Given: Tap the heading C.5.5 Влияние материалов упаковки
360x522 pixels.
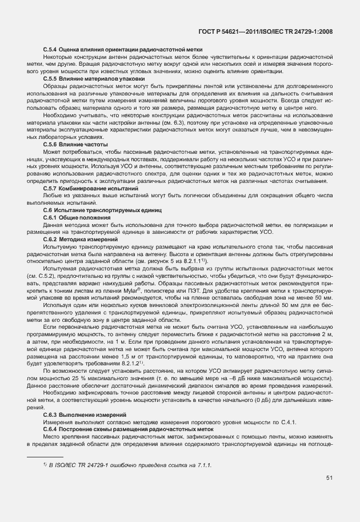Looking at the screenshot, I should [x=94, y=78].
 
